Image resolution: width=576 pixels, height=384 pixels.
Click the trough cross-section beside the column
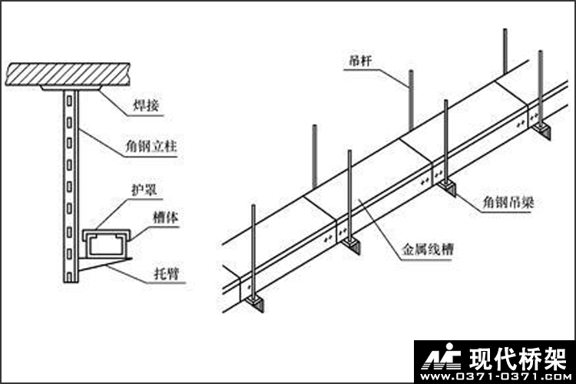coord(106,242)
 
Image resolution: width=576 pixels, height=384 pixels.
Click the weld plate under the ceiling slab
coord(71,90)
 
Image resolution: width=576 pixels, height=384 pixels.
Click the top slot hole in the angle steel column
coord(70,100)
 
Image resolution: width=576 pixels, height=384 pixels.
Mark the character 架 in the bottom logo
coord(551,359)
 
